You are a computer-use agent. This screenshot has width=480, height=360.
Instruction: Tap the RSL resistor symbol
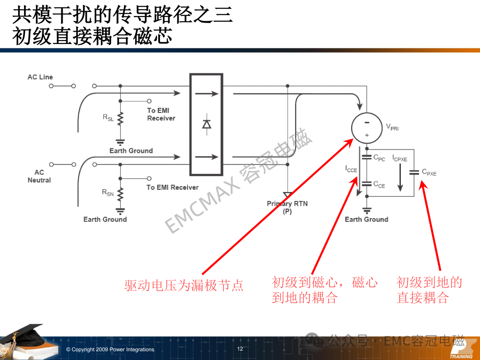tap(120, 119)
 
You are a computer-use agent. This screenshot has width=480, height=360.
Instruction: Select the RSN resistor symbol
tap(120, 194)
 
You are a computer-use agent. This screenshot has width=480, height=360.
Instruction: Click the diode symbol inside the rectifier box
tap(207, 124)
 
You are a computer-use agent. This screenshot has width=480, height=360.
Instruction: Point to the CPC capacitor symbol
tap(367, 157)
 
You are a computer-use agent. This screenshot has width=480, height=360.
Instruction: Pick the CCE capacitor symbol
tap(367, 184)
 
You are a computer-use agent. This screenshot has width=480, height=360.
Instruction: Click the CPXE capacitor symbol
tap(414, 172)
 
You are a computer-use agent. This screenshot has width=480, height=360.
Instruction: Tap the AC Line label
tap(40, 77)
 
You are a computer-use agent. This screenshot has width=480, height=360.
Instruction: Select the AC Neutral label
tap(39, 176)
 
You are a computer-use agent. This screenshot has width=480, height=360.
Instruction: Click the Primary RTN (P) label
tap(287, 208)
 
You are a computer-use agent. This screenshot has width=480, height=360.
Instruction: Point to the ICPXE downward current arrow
tap(400, 178)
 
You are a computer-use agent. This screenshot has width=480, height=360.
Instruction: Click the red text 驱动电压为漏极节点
tap(184, 285)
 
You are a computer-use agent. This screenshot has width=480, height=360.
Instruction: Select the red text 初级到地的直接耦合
tap(429, 290)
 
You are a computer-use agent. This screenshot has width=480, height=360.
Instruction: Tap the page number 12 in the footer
tap(240, 349)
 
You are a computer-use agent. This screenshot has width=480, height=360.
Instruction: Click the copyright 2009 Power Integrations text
tap(110, 349)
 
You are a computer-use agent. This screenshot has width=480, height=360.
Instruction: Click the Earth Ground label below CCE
tap(366, 220)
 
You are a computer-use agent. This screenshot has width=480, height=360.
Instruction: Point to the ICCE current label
tap(351, 169)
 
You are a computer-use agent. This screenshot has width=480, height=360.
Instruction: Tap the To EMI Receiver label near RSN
tap(172, 188)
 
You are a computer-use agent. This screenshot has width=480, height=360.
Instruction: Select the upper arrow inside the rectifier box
tap(207, 94)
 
